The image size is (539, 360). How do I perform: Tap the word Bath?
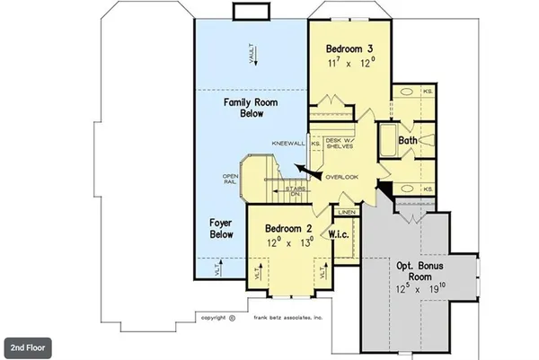[408, 140]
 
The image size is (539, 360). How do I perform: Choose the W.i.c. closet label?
[340, 234]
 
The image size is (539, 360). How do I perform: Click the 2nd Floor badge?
[30, 346]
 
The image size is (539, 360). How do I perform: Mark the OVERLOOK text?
[342, 177]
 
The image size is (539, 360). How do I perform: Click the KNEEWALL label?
[289, 144]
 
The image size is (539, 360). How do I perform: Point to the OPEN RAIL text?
[230, 179]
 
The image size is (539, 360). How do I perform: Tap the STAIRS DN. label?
[294, 191]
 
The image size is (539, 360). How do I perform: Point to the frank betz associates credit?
[287, 317]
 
